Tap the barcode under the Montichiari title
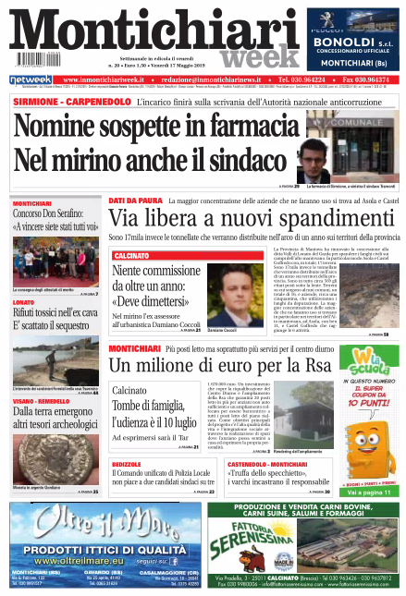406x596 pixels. (x=33, y=61)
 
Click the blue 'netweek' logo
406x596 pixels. (x=29, y=80)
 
